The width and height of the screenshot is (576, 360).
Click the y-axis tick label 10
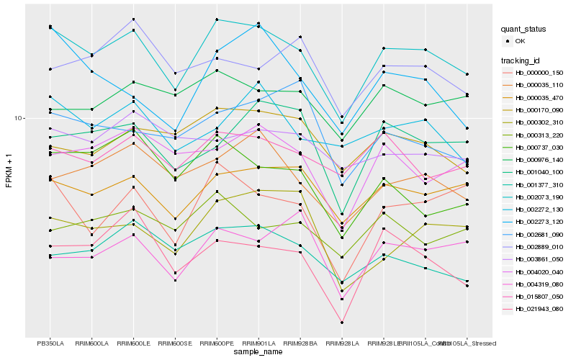20,118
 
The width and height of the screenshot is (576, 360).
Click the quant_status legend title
523,30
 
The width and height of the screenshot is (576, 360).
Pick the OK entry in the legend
520,41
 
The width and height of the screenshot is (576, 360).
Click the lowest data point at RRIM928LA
342,323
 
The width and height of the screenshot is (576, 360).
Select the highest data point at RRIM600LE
133,19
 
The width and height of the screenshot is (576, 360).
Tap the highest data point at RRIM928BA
300,37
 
